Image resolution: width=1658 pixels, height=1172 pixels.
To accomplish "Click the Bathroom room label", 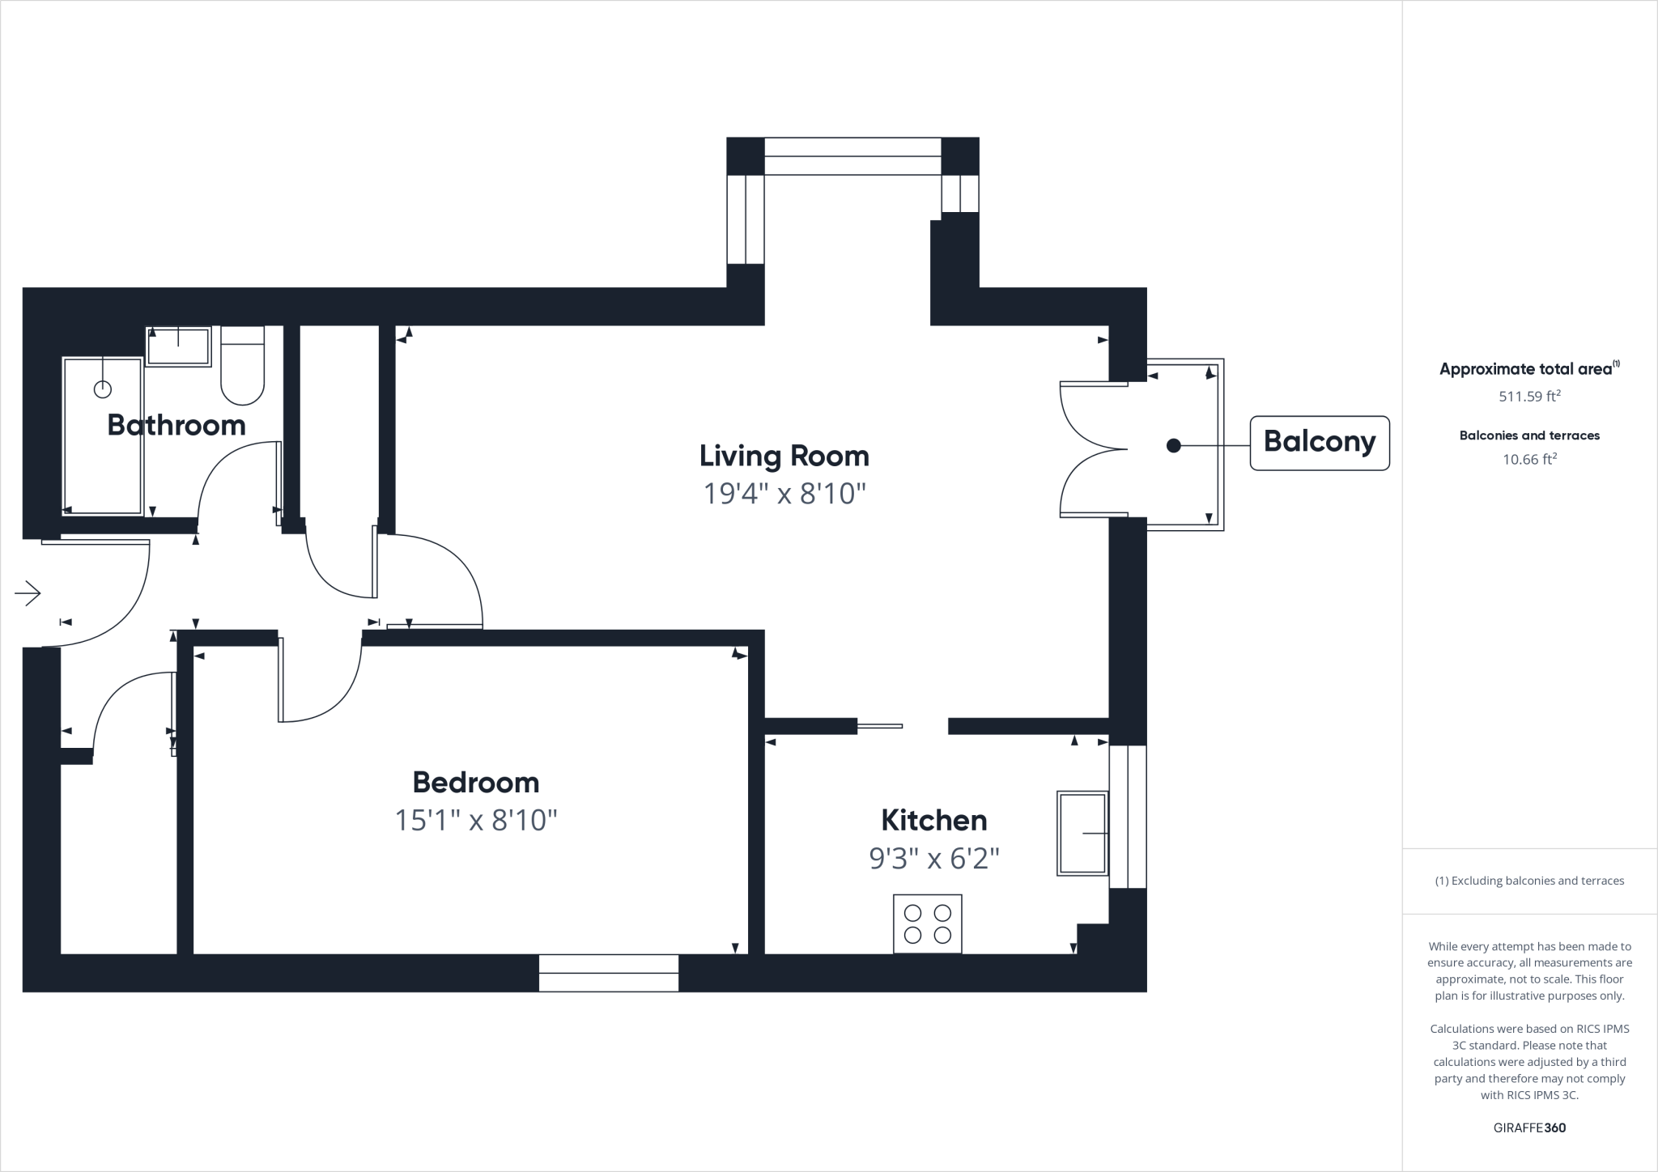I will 176,425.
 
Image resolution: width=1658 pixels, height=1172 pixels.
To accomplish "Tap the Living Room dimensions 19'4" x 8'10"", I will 784,493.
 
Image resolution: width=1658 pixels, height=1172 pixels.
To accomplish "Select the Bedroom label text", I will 475,782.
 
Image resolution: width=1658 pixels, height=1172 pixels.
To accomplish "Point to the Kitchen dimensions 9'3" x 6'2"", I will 933,858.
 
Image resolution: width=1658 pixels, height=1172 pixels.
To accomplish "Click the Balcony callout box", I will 1319,442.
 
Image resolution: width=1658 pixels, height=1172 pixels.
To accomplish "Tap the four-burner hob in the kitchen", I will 927,924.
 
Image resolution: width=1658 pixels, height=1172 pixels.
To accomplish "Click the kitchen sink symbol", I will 1082,833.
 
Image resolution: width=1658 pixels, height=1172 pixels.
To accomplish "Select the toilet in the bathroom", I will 242,366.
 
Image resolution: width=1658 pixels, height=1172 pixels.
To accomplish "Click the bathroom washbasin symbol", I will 178,346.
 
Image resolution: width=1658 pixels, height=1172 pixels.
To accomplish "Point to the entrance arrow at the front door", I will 28,593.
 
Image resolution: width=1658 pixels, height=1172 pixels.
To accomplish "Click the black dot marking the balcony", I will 1173,445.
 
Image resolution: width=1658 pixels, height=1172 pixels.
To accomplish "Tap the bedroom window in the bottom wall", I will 608,972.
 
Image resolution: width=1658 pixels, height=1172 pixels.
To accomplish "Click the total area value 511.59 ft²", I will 1529,397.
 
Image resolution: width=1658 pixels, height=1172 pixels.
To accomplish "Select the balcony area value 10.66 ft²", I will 1529,460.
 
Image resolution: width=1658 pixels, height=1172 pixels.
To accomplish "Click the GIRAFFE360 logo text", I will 1529,1127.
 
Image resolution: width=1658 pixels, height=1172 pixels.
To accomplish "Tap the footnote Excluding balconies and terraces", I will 1529,881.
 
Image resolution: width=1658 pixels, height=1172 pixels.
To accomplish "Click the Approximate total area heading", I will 1525,369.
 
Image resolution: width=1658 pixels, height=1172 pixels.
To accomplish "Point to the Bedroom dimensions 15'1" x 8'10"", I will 475,821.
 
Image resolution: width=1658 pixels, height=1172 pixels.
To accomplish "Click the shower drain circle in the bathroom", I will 103,389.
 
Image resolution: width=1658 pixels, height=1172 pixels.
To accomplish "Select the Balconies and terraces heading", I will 1529,435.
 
